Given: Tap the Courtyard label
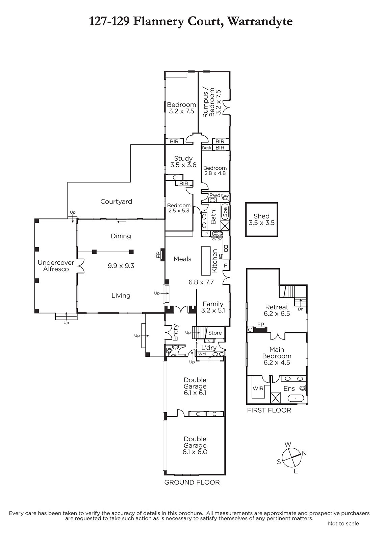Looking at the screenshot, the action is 116,202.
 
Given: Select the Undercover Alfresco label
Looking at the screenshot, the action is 56,266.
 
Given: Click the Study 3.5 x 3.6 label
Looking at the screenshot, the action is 183,162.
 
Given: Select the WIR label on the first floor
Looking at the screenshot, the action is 258,389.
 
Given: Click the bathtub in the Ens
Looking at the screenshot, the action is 296,398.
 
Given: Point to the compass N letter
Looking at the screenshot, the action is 304,453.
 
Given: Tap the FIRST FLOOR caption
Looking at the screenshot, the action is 269,410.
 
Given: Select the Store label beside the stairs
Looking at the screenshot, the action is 215,333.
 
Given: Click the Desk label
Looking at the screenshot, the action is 207,148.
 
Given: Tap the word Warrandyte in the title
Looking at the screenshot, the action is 260,22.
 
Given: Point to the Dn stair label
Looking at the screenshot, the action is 301,309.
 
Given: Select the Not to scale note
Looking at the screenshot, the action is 343,524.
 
